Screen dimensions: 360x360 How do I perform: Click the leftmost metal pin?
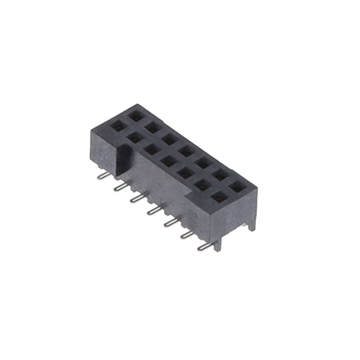pyautogui.click(x=101, y=175)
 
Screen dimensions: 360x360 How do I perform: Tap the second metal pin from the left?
pyautogui.click(x=119, y=186)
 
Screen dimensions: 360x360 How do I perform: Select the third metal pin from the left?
pyautogui.click(x=136, y=198)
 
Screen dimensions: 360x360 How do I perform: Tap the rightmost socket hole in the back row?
pyautogui.click(x=236, y=186)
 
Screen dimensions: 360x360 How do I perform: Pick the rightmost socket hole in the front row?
pyautogui.click(x=219, y=197)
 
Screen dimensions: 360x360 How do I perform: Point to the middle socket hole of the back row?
pyautogui.click(x=186, y=151)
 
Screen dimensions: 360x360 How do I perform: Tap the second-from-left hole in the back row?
pyautogui.click(x=152, y=127)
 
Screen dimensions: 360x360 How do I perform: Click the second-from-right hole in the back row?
pyautogui.click(x=219, y=175)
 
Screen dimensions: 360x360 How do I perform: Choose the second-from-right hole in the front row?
pyautogui.click(x=201, y=185)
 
